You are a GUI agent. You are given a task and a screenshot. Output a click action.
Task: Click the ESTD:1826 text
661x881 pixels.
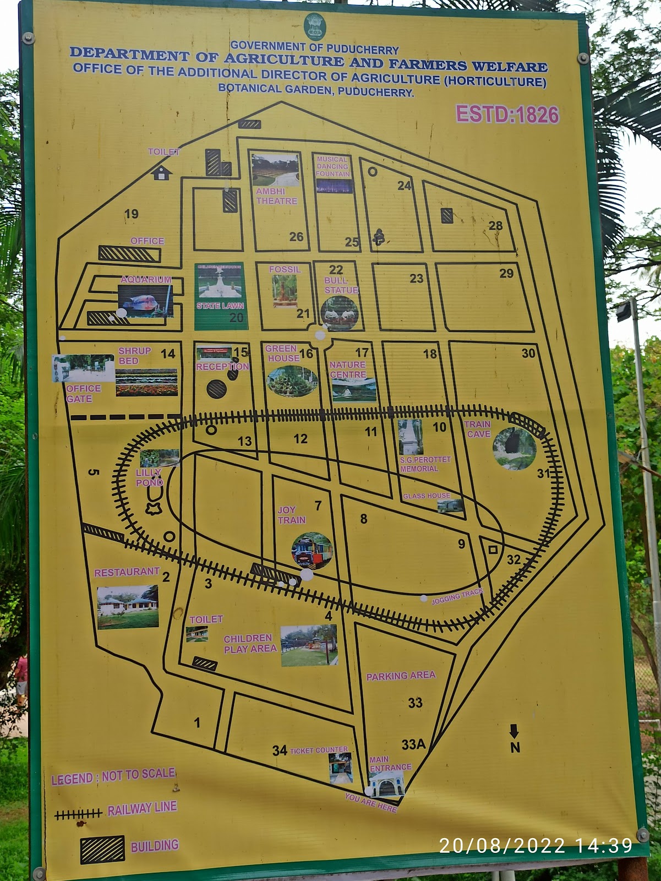pos(507,115)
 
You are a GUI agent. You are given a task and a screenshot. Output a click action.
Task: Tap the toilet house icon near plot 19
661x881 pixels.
pos(161,173)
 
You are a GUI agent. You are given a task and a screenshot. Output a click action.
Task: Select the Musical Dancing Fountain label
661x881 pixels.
pos(332,166)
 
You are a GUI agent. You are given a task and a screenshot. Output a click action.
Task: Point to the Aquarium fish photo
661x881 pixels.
pos(145,302)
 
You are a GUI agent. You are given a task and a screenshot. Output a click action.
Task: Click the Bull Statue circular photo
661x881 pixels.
pos(340,313)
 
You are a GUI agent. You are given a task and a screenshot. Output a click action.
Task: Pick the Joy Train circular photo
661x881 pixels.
pos(312,550)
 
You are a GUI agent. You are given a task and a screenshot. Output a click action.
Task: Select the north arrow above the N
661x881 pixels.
pos(514,732)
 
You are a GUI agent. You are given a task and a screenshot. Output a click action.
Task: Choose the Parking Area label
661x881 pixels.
pos(401,676)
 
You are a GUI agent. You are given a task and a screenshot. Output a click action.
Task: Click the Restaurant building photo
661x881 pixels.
pos(128,607)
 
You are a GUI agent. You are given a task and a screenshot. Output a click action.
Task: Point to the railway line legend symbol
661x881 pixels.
pos(78,813)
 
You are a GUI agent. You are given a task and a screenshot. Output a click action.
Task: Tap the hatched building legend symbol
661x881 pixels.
pos(102,850)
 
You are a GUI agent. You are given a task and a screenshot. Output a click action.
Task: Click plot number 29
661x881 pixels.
pos(506,273)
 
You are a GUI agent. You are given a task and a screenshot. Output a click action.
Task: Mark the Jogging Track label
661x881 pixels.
pos(457,596)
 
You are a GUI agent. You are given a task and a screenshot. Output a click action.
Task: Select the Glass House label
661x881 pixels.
pos(427,496)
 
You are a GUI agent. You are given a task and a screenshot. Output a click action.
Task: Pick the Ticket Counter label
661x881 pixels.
pos(319,750)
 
